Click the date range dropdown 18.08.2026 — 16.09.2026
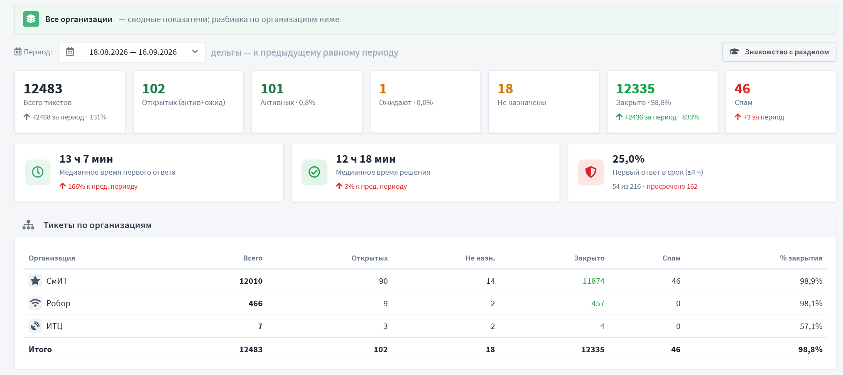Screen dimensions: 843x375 pos(132,52)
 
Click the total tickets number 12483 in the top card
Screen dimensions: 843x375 pos(43,89)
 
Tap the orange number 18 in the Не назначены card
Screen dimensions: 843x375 pos(505,89)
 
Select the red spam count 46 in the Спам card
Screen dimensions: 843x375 pos(742,89)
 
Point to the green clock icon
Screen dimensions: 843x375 pos(38,172)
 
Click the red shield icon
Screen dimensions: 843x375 pos(591,172)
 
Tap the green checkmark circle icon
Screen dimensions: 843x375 pos(314,172)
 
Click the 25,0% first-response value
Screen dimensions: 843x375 pos(628,159)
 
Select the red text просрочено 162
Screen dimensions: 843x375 pos(672,187)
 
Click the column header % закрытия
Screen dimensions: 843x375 pos(801,258)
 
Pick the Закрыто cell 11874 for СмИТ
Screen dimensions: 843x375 pos(593,281)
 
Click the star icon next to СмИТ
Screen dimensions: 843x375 pos(35,281)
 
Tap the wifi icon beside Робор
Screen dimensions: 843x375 pos(35,303)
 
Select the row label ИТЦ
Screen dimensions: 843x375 pos(54,326)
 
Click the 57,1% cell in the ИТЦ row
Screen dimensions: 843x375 pos(811,326)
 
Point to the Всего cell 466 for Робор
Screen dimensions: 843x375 pos(255,304)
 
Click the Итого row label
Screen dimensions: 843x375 pos(40,350)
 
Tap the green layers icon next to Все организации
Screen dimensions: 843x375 pos(31,19)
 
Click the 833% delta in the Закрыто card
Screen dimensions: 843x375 pos(691,117)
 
